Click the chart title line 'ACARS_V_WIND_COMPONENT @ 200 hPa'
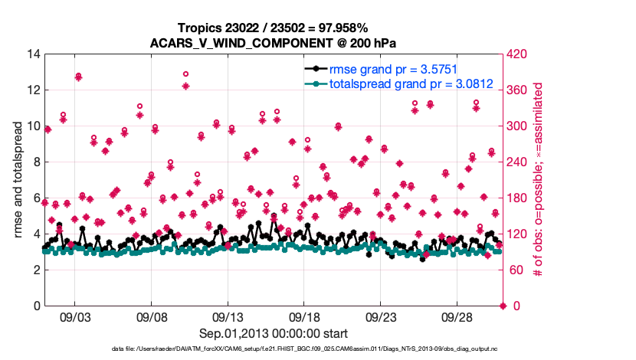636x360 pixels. click(274, 42)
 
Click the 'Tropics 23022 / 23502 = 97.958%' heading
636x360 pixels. click(274, 28)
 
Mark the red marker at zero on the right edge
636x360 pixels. click(503, 306)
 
